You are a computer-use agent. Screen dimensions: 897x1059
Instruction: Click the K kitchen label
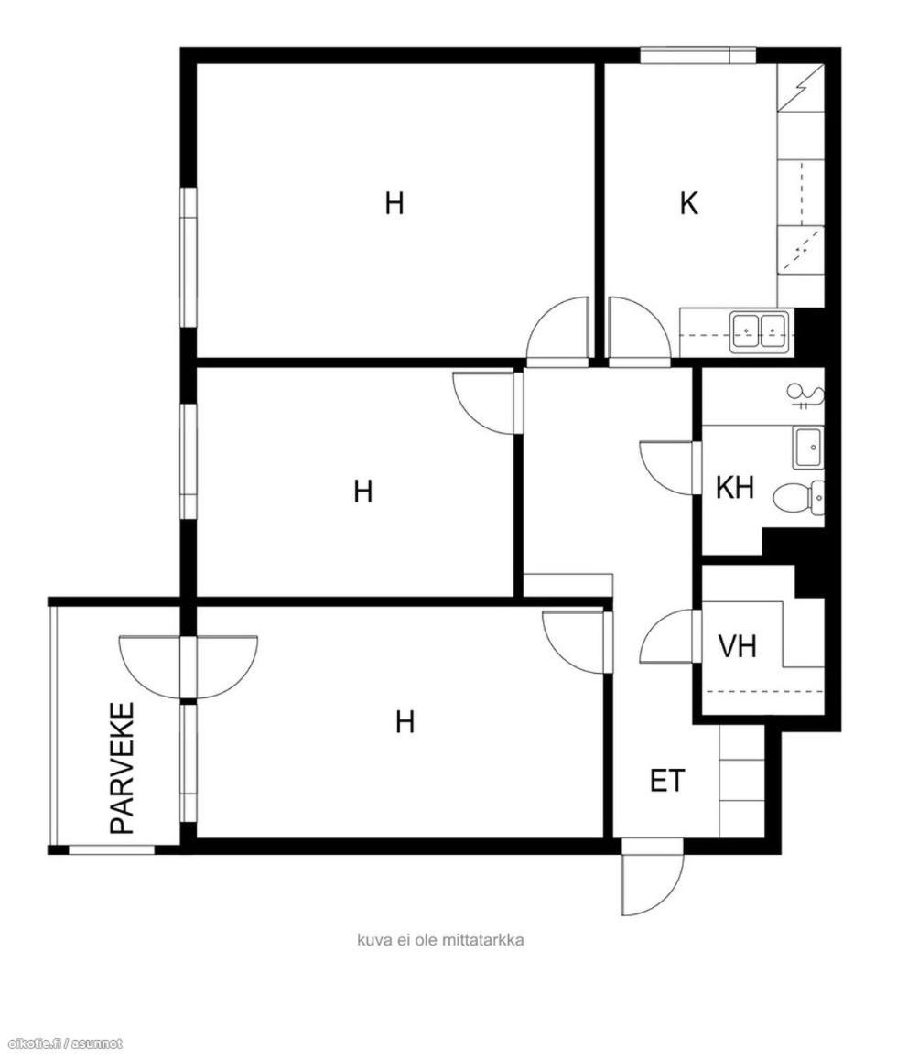coord(689,202)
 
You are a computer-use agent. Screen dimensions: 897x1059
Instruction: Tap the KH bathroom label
coord(734,487)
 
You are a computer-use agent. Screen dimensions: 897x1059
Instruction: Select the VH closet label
coord(737,646)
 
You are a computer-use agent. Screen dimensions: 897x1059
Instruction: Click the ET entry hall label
coord(667,781)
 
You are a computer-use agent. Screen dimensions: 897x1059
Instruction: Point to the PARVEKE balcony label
coord(123,769)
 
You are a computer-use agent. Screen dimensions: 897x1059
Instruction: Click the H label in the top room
coord(394,202)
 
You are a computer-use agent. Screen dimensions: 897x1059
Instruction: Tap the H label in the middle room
coord(363,492)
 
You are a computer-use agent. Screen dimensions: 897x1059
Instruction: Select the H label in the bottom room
coord(405,722)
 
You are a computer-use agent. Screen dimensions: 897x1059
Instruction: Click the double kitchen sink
coord(759,331)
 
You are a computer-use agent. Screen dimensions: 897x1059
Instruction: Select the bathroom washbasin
coord(808,448)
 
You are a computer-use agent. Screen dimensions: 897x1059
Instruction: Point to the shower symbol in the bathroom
coord(805,395)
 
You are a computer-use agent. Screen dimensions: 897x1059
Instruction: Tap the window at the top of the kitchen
coord(697,55)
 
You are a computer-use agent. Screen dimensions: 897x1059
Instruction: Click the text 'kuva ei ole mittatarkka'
coord(440,940)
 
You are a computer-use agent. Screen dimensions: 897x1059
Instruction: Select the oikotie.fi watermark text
coord(62,1043)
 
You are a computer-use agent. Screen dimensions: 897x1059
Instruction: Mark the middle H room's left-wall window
coord(188,461)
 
